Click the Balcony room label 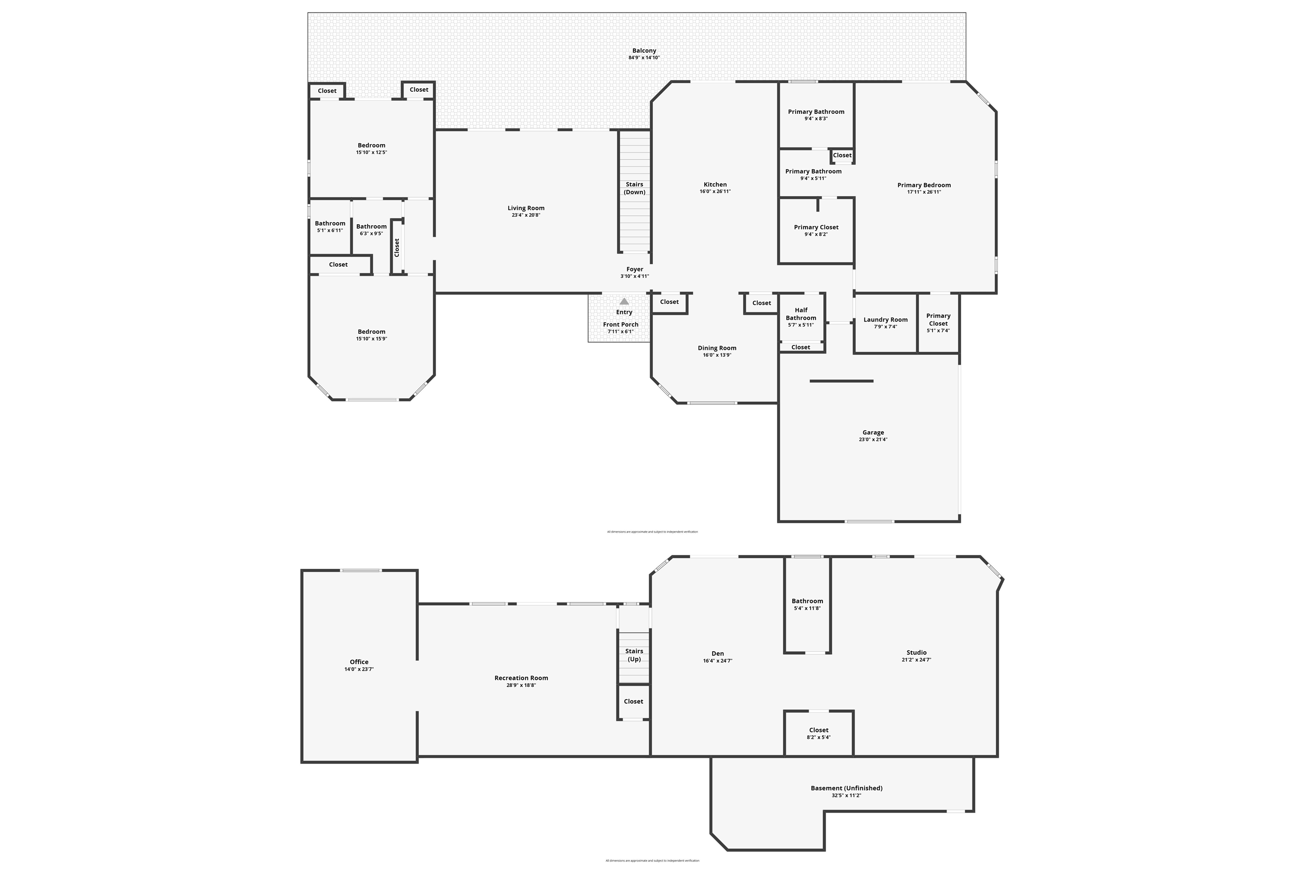pos(644,51)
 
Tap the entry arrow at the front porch pos(624,301)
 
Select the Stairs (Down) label pos(634,188)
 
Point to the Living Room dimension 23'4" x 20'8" pos(525,215)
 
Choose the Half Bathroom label pos(801,314)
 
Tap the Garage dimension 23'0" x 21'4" pos(873,439)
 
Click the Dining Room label pos(717,348)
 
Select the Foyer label pos(635,269)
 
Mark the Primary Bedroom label pos(924,185)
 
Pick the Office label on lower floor pos(359,662)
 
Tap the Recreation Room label pos(521,678)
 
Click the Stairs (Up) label pos(634,655)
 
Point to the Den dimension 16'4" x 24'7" pos(717,661)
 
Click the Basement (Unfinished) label pos(846,788)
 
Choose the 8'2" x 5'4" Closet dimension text pos(819,737)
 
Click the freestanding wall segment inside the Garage pos(841,381)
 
